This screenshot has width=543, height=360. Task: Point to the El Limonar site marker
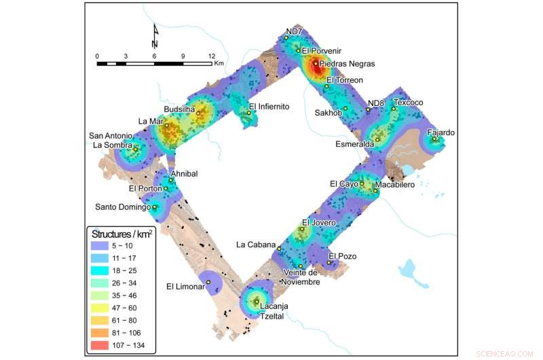pos(208,282)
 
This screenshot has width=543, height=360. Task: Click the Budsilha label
pos(179,109)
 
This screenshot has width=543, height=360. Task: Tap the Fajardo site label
pos(441,132)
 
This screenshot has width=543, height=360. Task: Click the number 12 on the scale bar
pos(212,56)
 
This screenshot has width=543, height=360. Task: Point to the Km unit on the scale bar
pos(219,64)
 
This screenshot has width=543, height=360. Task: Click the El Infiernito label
pos(269,107)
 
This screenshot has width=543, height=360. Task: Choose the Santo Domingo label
pos(122,206)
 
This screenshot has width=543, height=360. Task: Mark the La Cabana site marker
pos(279,249)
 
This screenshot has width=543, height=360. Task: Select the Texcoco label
pos(408,103)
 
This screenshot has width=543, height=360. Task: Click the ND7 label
pos(293,31)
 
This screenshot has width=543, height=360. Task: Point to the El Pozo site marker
pos(329,263)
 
